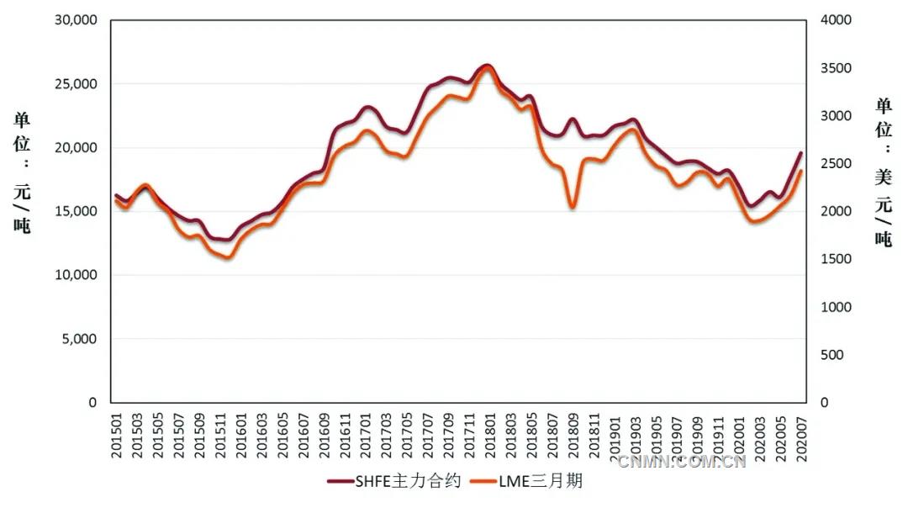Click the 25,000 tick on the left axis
(73, 84)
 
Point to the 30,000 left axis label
(73, 20)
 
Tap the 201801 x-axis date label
(488, 434)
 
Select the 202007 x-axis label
(799, 434)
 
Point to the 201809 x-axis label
(572, 434)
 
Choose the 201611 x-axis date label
(345, 434)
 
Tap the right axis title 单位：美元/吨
(883, 172)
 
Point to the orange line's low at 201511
(225, 257)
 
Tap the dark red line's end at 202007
(801, 153)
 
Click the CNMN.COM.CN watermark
(681, 461)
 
